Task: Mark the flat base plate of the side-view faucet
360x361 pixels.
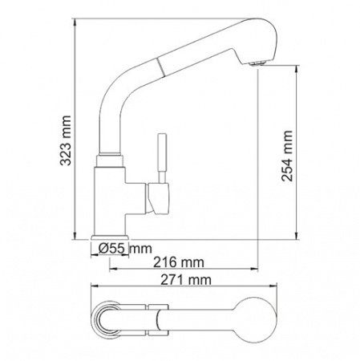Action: pyautogui.click(x=110, y=237)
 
